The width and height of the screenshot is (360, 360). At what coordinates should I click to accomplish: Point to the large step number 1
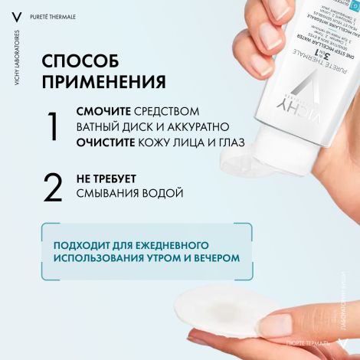coord(52,127)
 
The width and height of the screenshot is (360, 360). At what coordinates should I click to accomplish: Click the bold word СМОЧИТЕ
coord(103,112)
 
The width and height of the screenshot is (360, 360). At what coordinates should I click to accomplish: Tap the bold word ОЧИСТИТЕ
coord(104,143)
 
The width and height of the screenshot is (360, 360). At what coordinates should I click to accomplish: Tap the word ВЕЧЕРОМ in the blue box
coord(212,258)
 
